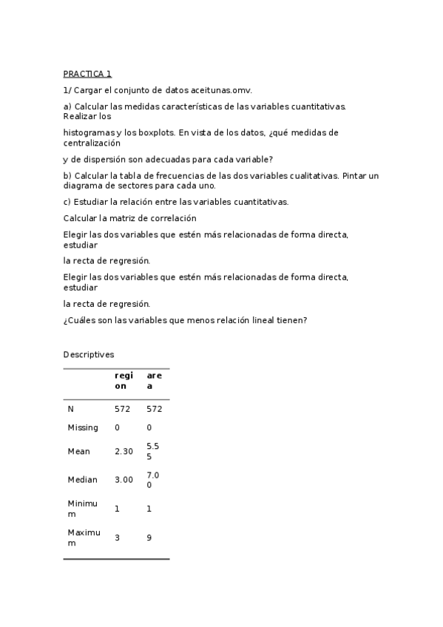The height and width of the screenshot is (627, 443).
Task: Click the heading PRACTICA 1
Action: [87, 74]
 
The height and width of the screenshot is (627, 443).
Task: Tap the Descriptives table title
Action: [89, 355]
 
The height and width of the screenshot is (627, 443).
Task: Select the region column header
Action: [124, 380]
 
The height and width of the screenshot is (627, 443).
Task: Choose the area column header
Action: [154, 380]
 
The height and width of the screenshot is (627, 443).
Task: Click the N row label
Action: [71, 409]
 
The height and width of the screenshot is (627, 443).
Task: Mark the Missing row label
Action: [83, 427]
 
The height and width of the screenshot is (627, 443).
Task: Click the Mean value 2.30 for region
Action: [124, 451]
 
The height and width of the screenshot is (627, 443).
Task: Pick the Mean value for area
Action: [153, 451]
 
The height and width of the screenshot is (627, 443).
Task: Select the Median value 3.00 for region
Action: [124, 480]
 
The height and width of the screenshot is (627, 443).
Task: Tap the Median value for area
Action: [153, 480]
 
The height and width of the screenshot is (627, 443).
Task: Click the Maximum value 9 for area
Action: [149, 538]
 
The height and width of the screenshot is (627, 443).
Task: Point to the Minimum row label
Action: [82, 509]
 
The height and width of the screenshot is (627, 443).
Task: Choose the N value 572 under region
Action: [123, 409]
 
